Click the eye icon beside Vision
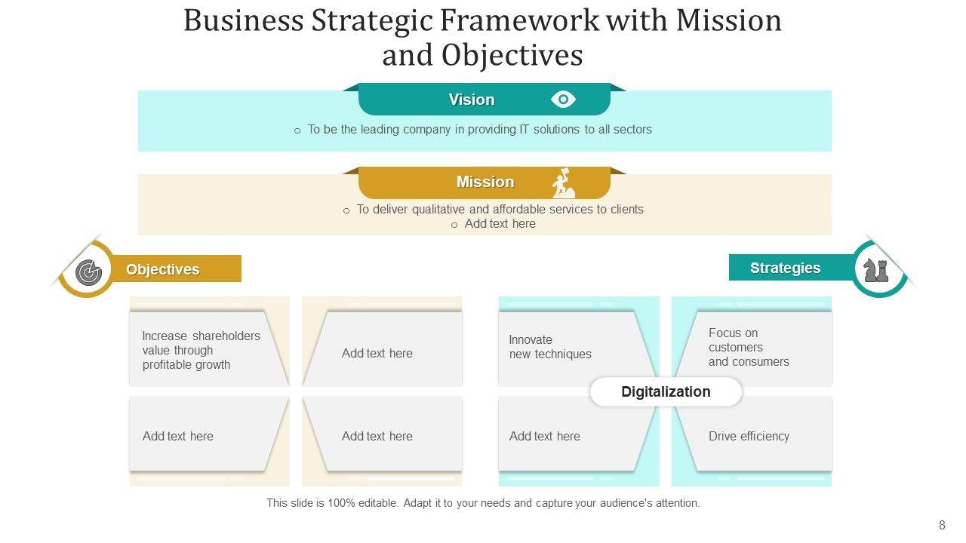pos(563,100)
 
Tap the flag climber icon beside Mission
pos(563,183)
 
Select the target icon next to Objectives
pos(88,271)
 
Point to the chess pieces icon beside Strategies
pos(875,269)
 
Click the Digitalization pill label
pos(666,392)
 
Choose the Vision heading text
pos(472,100)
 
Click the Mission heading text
pos(485,183)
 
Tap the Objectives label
pos(163,270)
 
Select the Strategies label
pos(785,268)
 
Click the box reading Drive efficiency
pos(749,436)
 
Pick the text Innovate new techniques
pos(550,347)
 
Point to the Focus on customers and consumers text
pos(749,347)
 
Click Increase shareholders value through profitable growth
pos(201,350)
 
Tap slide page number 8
pos(941,526)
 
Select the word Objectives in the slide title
pos(512,55)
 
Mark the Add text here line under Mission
pos(500,224)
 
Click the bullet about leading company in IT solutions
pos(479,130)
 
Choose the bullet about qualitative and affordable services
pos(500,210)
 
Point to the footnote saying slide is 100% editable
pos(483,503)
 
